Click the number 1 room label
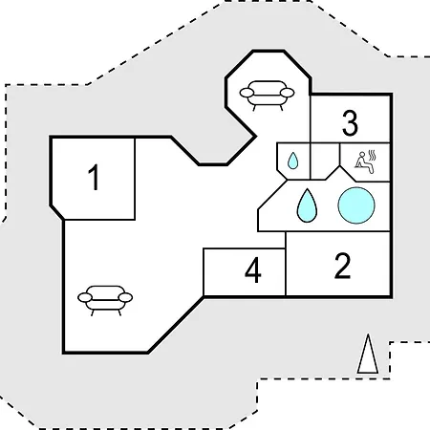click(x=94, y=178)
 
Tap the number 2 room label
click(x=342, y=267)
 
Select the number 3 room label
click(x=350, y=123)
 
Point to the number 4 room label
click(x=253, y=270)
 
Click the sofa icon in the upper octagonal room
click(x=267, y=95)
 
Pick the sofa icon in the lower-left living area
click(x=105, y=300)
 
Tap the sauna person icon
click(x=365, y=162)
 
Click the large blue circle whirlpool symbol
click(x=356, y=205)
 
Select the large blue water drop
click(x=307, y=205)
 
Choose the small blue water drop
click(x=292, y=161)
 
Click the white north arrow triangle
click(x=368, y=354)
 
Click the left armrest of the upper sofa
click(x=247, y=93)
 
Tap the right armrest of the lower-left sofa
click(x=125, y=297)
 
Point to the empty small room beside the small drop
click(x=325, y=161)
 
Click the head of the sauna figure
click(x=361, y=155)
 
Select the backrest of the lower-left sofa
click(x=105, y=291)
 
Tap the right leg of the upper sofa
click(x=281, y=108)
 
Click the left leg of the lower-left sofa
click(x=93, y=312)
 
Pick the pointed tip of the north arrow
click(x=368, y=334)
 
